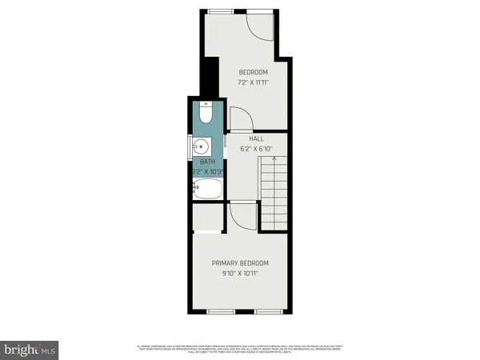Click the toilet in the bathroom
click(205, 114)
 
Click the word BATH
click(208, 162)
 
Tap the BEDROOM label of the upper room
click(253, 72)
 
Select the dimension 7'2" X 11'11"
click(253, 82)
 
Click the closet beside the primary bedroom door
click(208, 217)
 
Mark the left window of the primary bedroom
click(219, 310)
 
